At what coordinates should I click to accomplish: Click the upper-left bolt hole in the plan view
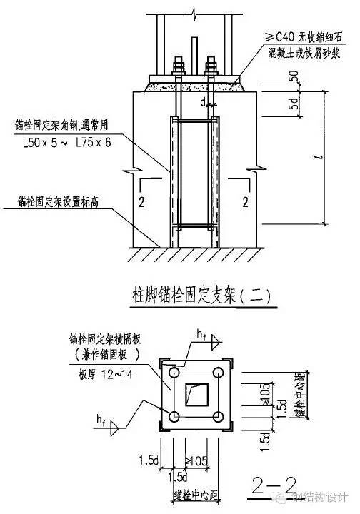[175, 371]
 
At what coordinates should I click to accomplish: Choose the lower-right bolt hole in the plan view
[217, 415]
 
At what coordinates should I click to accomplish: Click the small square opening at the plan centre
[196, 393]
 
